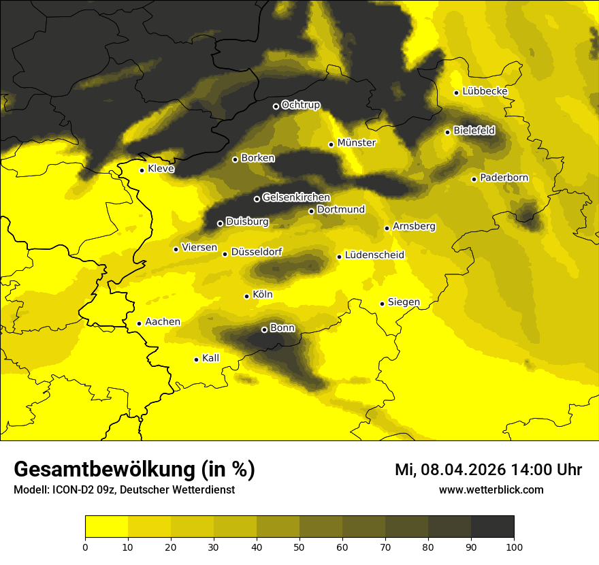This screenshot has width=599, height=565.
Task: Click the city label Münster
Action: point(357,143)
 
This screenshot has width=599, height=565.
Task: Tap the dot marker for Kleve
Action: point(142,170)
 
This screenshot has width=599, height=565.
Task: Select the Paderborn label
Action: point(504,178)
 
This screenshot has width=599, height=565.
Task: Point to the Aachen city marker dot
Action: point(139,323)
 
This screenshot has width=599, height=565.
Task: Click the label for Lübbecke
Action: point(485,92)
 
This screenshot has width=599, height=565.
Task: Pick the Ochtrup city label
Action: point(300,105)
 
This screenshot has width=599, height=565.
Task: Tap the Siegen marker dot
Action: point(382,304)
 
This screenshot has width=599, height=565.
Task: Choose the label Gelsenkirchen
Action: point(296,197)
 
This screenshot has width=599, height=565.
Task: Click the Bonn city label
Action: point(282,328)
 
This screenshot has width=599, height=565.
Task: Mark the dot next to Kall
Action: point(196,359)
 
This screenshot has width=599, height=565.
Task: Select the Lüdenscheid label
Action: point(374,255)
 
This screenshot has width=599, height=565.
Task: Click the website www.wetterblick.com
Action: point(491,489)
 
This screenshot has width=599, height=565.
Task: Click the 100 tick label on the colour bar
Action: point(514,546)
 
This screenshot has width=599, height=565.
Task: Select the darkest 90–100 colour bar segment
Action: point(492,526)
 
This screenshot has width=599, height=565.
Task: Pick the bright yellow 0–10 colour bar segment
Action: point(106,526)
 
